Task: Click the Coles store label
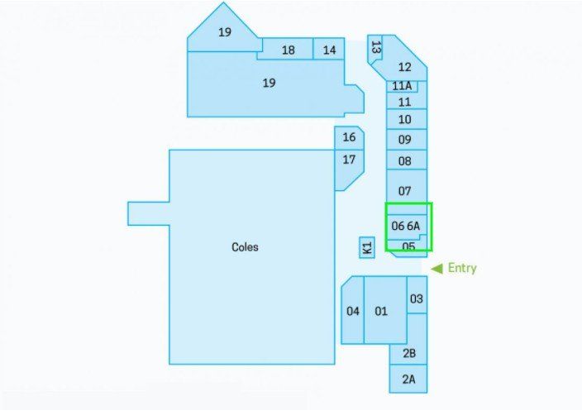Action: click(245, 247)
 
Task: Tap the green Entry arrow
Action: click(436, 269)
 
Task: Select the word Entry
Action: click(462, 268)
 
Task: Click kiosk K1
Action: click(367, 248)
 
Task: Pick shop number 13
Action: click(374, 48)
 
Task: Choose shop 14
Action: click(329, 49)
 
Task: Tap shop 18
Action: click(288, 49)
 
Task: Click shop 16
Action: click(349, 138)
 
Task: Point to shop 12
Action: click(404, 67)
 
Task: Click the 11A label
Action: click(402, 86)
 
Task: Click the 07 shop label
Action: click(404, 191)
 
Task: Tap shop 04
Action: click(353, 310)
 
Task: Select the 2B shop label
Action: click(409, 353)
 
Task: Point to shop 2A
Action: click(408, 379)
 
